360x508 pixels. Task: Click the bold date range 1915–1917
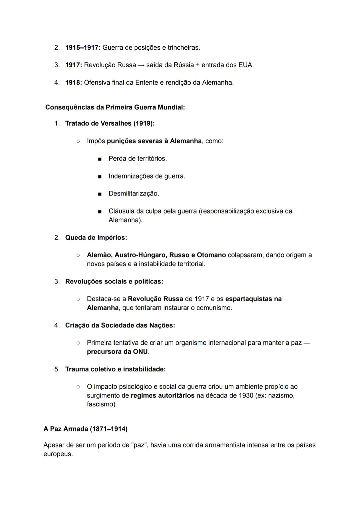pyautogui.click(x=82, y=48)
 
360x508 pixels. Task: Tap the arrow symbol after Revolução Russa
pyautogui.click(x=141, y=65)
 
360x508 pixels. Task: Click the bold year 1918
pyautogui.click(x=73, y=82)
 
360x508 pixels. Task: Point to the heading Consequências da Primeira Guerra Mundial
pyautogui.click(x=115, y=107)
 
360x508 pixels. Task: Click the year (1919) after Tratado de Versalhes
pyautogui.click(x=144, y=123)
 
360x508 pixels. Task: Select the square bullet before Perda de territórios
pyautogui.click(x=99, y=159)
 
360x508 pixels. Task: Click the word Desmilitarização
pyautogui.click(x=133, y=194)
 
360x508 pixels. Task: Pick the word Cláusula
pyautogui.click(x=121, y=211)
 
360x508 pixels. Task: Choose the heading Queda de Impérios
pyautogui.click(x=96, y=238)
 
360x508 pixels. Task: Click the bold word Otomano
pyautogui.click(x=211, y=255)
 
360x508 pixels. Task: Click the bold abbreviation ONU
pyautogui.click(x=140, y=351)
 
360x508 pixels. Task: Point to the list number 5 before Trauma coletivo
pyautogui.click(x=57, y=369)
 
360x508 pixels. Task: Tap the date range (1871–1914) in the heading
pyautogui.click(x=109, y=429)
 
